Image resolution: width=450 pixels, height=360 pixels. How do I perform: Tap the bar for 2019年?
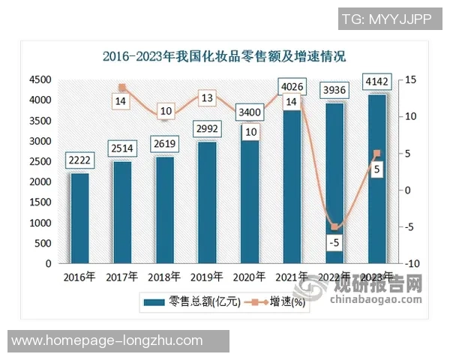208,202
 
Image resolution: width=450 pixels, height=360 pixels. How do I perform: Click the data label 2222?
79,160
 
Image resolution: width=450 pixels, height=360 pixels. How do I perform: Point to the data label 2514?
122,148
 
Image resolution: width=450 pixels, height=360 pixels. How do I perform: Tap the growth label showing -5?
335,242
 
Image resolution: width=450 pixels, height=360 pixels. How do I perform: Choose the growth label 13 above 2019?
208,97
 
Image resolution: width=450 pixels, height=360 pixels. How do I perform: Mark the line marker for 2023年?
377,154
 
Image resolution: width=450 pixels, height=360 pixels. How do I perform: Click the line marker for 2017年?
122,88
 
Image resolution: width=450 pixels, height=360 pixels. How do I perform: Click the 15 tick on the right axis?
412,79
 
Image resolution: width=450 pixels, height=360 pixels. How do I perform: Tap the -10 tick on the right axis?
413,264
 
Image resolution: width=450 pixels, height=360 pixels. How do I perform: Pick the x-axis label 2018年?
165,277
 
